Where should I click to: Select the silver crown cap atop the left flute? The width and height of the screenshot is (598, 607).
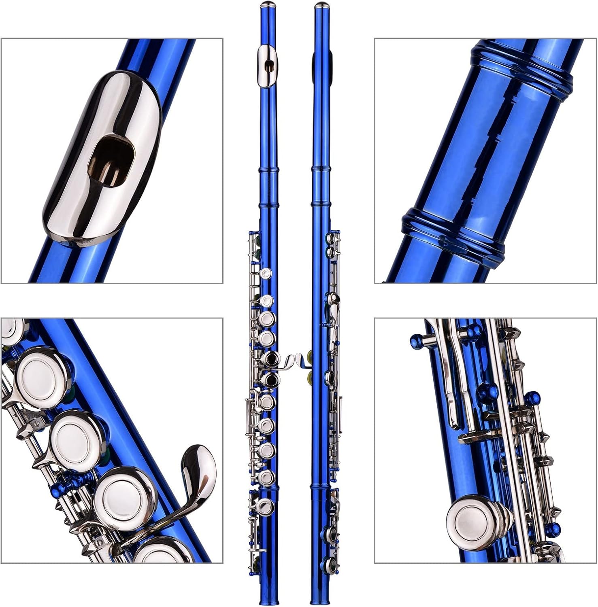(x=267, y=4)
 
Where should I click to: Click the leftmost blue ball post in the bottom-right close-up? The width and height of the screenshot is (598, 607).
(x=418, y=342)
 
